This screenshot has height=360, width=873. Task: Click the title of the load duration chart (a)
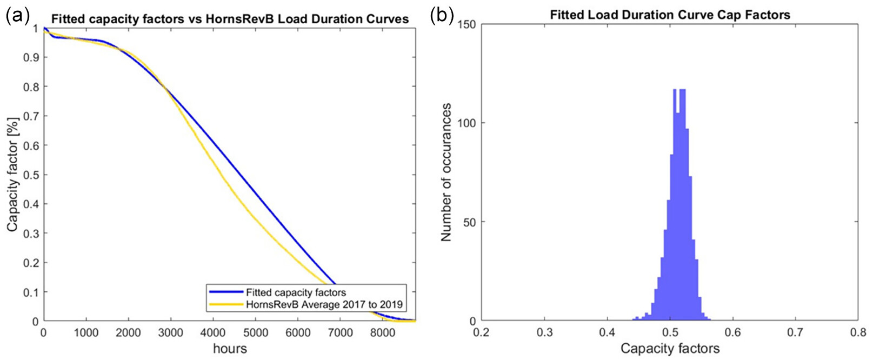[x=230, y=19]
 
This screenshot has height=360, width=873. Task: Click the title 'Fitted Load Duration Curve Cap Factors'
[x=670, y=15]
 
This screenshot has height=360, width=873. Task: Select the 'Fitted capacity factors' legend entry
[x=296, y=292]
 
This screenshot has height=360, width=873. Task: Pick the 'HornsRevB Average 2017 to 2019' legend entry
[x=324, y=304]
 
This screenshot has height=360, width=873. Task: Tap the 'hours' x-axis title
[x=230, y=349]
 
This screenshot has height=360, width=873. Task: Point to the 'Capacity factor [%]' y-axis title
[x=12, y=174]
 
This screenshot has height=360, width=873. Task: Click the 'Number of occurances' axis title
[x=446, y=172]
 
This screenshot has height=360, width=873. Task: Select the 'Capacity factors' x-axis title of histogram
[x=670, y=349]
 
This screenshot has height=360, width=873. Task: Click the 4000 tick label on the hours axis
[x=213, y=333]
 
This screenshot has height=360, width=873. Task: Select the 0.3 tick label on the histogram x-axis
[x=544, y=333]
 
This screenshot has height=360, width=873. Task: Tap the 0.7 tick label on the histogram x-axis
[x=796, y=333]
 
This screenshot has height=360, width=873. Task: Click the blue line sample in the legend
[x=226, y=292]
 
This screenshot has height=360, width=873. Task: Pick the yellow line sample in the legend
[x=226, y=304]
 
